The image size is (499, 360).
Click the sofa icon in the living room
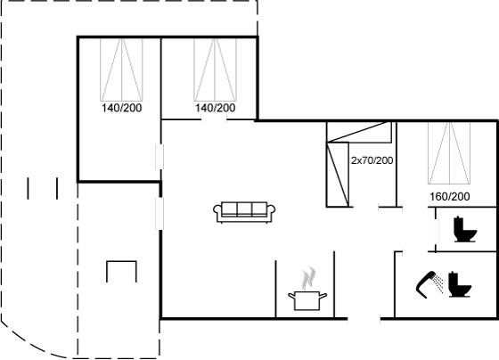coord(244,212)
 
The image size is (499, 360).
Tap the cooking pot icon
coord(307,300)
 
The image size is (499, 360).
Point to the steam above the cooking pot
coord(308,279)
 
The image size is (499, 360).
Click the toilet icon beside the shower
coord(459,284)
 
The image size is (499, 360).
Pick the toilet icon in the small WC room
coord(465,229)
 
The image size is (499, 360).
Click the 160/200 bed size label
coord(450,197)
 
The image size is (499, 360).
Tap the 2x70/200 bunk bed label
coord(372,160)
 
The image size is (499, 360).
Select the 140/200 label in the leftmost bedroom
coord(121,108)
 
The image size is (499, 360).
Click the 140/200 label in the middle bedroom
coord(215,108)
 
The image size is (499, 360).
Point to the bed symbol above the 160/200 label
coord(449,153)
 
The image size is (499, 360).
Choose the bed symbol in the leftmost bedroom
coord(121,70)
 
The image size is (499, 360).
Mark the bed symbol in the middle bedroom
coord(215,70)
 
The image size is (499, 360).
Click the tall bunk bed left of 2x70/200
coord(338,175)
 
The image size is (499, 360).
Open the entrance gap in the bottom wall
coord(364,318)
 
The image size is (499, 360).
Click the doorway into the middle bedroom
coord(214,120)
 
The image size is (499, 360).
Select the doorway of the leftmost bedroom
coord(160,156)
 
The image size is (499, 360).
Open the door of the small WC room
coord(436,230)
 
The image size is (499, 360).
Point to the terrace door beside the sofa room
coord(160,214)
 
